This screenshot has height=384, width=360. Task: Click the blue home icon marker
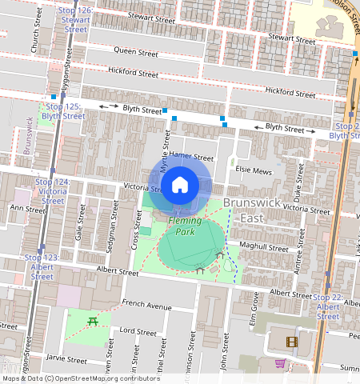tap(180, 186)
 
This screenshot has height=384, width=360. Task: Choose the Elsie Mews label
tap(254, 170)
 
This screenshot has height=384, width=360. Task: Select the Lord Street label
tap(137, 330)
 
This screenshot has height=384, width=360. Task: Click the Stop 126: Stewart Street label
tap(75, 20)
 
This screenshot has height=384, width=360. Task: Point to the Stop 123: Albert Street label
tap(42, 267)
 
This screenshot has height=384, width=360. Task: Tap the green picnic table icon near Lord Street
tap(93, 321)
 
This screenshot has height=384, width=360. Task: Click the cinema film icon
tap(291, 342)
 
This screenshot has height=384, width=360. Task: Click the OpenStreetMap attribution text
tap(81, 378)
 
